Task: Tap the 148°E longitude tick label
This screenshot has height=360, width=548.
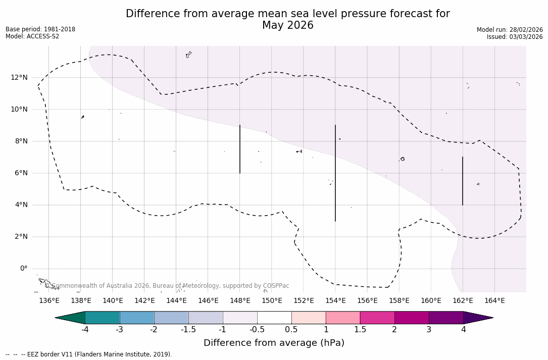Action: point(240,301)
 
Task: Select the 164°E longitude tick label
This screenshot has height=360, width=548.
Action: point(494,301)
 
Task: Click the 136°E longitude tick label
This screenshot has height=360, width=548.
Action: point(49,301)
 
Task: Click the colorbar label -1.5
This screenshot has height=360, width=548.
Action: point(188,330)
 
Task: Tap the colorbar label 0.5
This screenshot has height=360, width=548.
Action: point(291,330)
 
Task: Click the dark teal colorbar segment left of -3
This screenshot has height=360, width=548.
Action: point(103,318)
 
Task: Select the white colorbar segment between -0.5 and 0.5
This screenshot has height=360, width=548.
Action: point(274,318)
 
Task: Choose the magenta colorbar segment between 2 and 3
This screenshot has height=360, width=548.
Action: point(412,318)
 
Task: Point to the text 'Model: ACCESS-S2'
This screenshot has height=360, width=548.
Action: point(32,36)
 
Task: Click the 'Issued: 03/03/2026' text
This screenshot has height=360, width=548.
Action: point(515,37)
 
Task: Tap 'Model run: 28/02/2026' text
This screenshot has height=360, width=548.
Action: point(510,30)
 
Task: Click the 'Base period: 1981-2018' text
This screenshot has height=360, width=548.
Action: point(40,29)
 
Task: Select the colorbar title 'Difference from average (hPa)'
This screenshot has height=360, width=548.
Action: point(274,343)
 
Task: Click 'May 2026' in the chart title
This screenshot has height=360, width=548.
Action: point(287,25)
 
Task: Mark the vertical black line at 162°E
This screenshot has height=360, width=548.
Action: point(463,181)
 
